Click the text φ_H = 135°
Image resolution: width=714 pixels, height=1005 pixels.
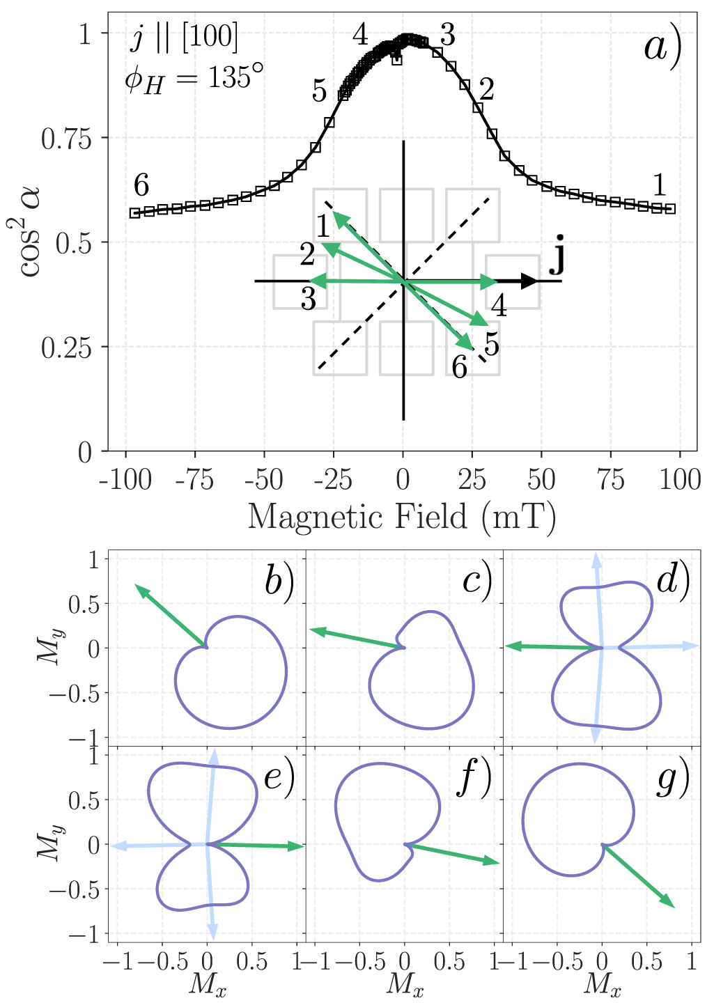(x=194, y=78)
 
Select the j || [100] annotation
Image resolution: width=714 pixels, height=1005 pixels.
(x=184, y=37)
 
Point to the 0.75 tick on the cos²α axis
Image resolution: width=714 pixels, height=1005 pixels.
(x=66, y=139)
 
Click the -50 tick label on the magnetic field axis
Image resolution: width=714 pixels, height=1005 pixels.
(x=264, y=480)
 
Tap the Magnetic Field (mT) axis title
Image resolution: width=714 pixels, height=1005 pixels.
(x=402, y=517)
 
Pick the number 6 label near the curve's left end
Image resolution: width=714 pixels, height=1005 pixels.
(x=141, y=185)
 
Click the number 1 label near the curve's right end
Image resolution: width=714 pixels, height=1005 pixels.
(x=659, y=185)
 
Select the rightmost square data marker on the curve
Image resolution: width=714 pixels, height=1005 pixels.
(x=670, y=209)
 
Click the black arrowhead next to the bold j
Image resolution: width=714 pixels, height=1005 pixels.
(x=530, y=281)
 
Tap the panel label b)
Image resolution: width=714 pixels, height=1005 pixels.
(x=279, y=582)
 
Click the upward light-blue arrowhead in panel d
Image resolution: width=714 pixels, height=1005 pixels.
(x=596, y=556)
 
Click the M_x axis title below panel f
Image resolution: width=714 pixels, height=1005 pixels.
(x=405, y=985)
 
